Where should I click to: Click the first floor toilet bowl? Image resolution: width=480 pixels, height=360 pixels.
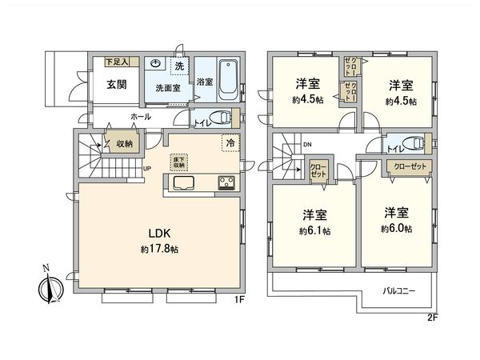[x=224, y=116]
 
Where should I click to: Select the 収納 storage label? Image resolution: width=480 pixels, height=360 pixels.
[x=124, y=145]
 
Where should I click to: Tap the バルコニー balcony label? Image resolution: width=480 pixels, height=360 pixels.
[x=398, y=290]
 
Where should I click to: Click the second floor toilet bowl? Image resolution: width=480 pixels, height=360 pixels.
[x=413, y=143]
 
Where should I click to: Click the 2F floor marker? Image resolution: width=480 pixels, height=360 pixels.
[x=433, y=317]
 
